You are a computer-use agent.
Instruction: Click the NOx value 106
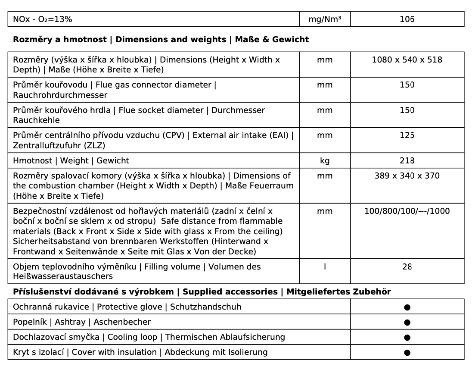pos(407,19)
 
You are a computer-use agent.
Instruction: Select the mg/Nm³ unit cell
pos(325,19)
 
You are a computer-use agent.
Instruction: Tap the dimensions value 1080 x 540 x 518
pos(407,60)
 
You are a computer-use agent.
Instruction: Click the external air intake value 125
pos(407,135)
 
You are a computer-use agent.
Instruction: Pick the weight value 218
pos(407,161)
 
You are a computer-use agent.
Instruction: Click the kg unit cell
pos(325,161)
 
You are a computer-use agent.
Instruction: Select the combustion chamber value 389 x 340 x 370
pos(407,176)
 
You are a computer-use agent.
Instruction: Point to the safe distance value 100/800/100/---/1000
pos(407,211)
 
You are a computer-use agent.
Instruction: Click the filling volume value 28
pos(407,267)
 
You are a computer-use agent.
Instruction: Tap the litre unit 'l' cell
pos(325,267)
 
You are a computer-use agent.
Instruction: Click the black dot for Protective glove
pos(407,307)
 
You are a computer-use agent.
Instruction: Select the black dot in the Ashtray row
pos(407,323)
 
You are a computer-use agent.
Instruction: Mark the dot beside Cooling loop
pos(407,338)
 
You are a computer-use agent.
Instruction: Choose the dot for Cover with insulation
pos(407,353)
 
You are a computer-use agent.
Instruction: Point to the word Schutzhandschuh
pos(205,307)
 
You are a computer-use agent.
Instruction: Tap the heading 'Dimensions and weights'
pos(171,40)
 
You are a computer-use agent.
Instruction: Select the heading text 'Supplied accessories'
pos(230,292)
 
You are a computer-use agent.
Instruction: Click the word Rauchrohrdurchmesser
pos(60,95)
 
